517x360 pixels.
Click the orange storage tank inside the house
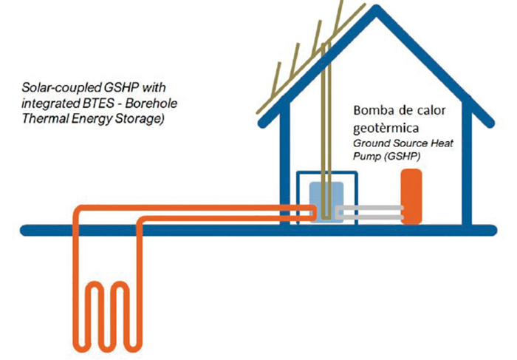point(411,196)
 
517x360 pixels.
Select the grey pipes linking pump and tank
point(369,213)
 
